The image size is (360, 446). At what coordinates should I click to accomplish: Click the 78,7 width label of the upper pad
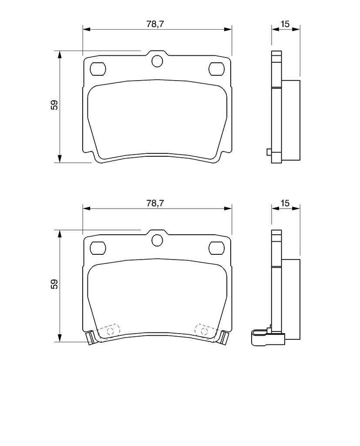[155, 24]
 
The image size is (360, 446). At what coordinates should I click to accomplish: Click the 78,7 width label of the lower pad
[155, 203]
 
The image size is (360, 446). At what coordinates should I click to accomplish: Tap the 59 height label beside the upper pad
[54, 105]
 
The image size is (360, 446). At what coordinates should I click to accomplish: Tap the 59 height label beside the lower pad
[54, 284]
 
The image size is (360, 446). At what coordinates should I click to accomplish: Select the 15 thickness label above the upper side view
[285, 24]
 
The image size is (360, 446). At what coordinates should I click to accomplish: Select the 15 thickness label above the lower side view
[285, 203]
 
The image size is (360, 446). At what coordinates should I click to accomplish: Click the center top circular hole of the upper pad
[157, 61]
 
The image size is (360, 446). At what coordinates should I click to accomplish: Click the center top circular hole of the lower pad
[157, 240]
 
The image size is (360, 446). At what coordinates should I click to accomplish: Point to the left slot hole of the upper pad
[98, 69]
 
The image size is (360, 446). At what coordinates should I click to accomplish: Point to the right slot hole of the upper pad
[216, 69]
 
